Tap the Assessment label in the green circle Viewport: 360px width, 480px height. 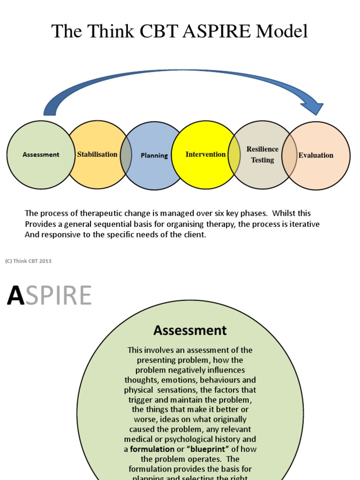(41, 155)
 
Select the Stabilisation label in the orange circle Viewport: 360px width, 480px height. (97, 154)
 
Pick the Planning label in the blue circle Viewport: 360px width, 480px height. (154, 156)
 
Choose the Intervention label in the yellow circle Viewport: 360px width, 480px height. (205, 154)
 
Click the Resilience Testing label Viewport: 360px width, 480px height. (262, 155)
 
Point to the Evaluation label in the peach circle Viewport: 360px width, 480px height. (316, 155)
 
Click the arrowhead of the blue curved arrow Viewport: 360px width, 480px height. (313, 107)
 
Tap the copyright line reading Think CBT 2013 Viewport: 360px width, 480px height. (28, 261)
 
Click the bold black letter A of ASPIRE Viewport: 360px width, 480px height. (15, 296)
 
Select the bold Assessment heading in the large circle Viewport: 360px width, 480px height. (190, 330)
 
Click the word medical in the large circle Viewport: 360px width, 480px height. (139, 439)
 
